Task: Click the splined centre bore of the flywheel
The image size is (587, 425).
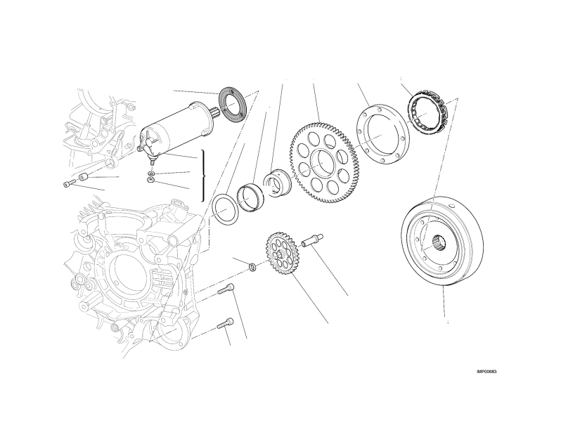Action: (440, 244)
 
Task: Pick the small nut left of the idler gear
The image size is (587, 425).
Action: (252, 267)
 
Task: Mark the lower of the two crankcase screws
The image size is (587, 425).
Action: (226, 323)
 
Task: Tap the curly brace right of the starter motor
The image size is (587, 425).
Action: (203, 176)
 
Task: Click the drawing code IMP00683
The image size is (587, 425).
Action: (486, 372)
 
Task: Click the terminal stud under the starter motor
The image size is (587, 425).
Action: (152, 162)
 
